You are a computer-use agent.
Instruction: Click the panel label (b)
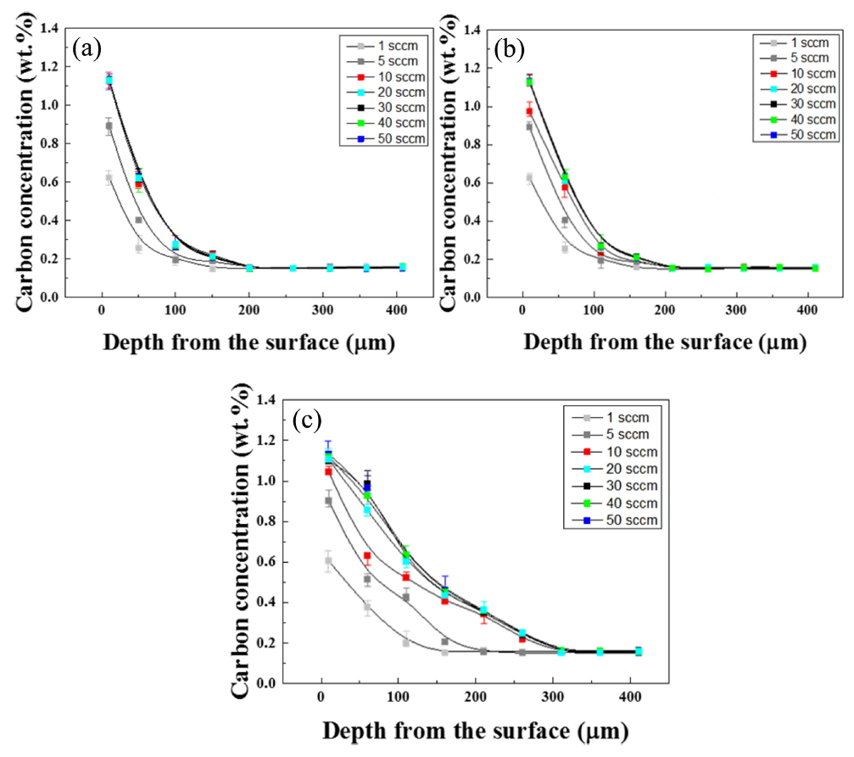click(511, 49)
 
